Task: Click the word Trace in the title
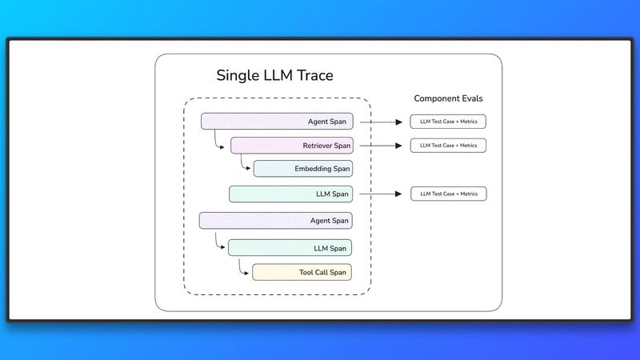click(x=314, y=75)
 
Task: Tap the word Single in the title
click(x=238, y=76)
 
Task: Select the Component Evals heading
click(x=448, y=98)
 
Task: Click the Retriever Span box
click(x=292, y=146)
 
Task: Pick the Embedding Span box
click(x=303, y=169)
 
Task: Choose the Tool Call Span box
click(x=302, y=272)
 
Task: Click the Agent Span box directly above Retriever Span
click(x=277, y=122)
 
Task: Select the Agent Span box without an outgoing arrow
click(x=275, y=221)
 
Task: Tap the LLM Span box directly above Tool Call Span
click(x=290, y=248)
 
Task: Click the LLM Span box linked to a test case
click(x=290, y=194)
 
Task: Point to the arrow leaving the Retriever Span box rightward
click(x=381, y=146)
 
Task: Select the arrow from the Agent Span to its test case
click(x=381, y=122)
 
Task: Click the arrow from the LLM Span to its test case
click(x=381, y=194)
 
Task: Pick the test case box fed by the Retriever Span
click(x=448, y=146)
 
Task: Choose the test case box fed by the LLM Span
click(x=449, y=194)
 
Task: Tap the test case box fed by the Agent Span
click(x=448, y=122)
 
